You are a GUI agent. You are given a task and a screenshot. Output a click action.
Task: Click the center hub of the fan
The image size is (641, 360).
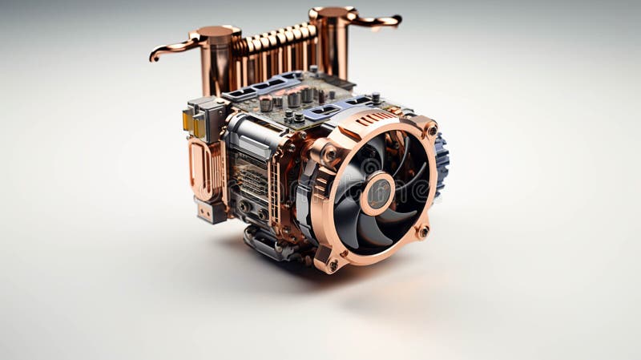pos(378,193)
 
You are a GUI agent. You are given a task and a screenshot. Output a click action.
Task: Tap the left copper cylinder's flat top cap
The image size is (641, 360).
pos(215,32)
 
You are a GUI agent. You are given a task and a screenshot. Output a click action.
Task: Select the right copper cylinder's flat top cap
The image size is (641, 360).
pos(332,13)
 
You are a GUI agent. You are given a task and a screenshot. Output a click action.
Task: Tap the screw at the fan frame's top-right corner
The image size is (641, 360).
pos(432,130)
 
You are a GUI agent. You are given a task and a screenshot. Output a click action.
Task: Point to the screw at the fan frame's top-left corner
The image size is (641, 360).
pos(329,152)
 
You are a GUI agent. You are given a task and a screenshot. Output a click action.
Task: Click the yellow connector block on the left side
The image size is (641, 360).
pos(188,120)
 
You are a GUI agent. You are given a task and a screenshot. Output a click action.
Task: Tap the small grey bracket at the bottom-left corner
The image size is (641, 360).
pos(210,211)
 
